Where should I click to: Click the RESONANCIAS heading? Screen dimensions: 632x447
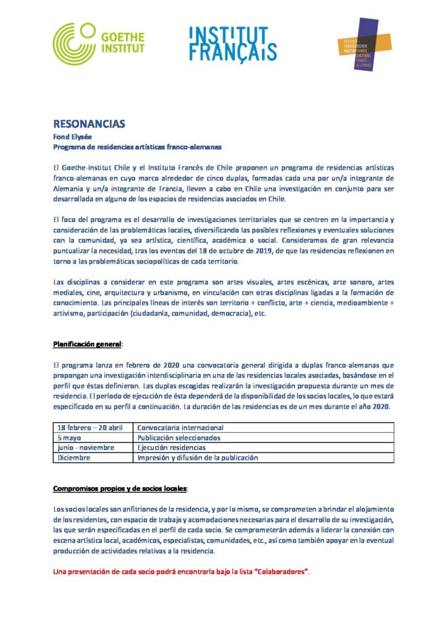[x=89, y=124]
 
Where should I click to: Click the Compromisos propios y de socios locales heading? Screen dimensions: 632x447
[x=120, y=489]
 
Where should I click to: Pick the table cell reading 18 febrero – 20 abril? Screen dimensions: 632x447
[x=90, y=427]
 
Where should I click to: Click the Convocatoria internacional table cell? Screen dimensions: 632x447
[x=180, y=427]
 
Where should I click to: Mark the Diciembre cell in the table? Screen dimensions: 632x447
[x=74, y=458]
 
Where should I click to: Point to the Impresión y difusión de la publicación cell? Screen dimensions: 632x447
[x=198, y=458]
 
